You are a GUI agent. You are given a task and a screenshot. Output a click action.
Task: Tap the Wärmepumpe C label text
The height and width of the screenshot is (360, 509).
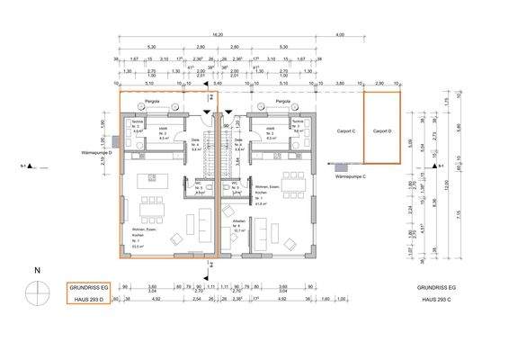coord(352,177)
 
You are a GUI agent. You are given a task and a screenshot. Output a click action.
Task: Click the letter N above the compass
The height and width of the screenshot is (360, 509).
coord(37,270)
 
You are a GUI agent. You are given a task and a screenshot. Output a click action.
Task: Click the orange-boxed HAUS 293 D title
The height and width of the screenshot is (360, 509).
coord(85,297)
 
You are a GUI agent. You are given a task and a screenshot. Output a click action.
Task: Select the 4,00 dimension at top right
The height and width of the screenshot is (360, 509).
coord(339,35)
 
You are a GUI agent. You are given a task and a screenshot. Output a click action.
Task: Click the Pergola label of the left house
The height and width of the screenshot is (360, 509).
coord(152,102)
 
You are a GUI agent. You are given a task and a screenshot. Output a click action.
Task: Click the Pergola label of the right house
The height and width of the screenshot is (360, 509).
coord(282,102)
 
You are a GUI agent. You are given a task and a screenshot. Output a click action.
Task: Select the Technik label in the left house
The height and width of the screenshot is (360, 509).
coord(138,122)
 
